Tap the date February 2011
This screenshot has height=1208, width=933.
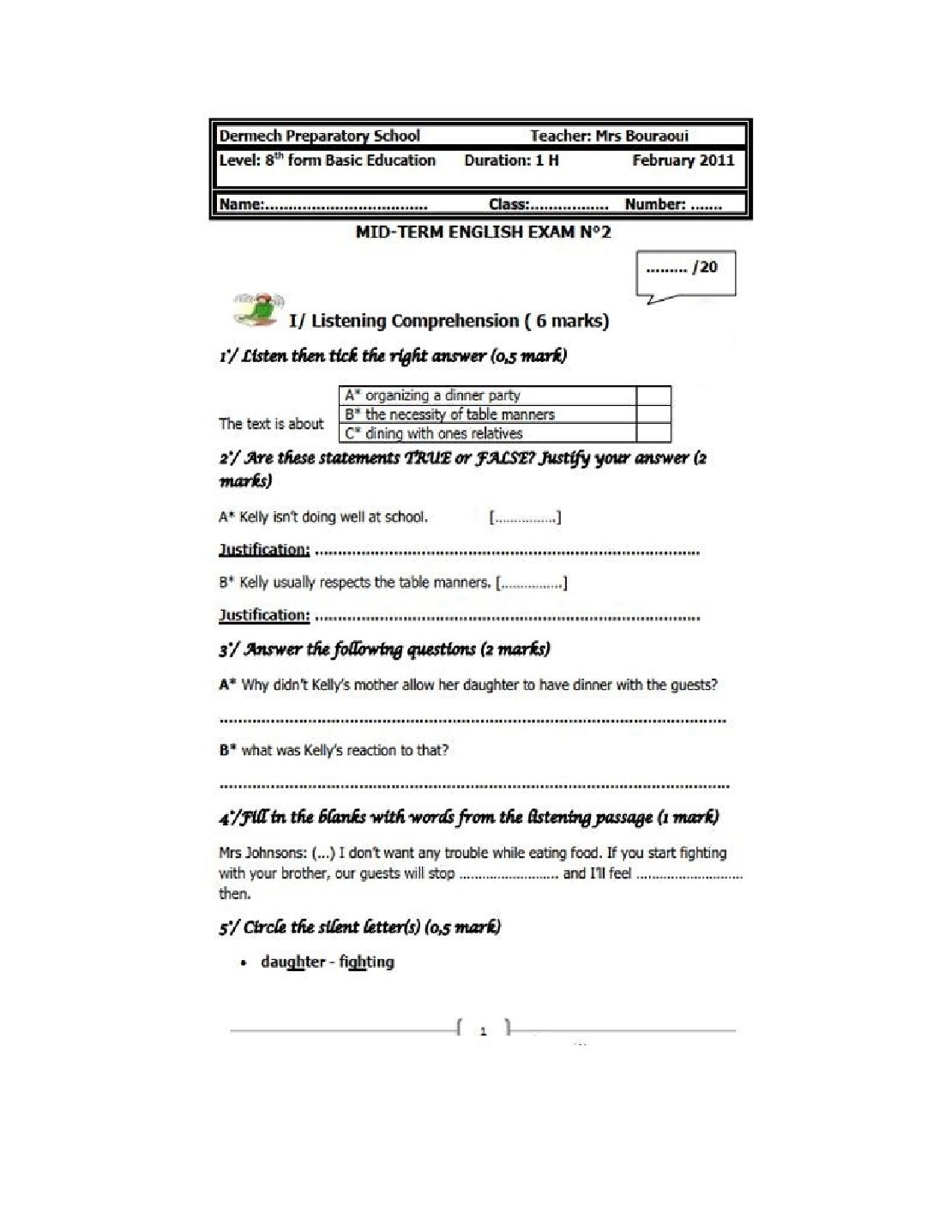pos(683,160)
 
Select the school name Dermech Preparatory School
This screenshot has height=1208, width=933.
pos(319,136)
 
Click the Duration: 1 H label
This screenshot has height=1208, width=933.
pos(511,160)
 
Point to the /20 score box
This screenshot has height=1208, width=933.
pos(685,272)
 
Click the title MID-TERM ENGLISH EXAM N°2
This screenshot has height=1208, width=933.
pos(483,232)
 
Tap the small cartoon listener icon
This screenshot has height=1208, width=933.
pos(256,310)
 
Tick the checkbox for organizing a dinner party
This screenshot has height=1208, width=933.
pos(653,396)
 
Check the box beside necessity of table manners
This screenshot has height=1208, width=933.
pos(653,414)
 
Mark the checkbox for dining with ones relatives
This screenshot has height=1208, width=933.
pos(653,433)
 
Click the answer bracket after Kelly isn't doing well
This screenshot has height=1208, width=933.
pos(525,517)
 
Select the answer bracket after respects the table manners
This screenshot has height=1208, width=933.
pos(532,583)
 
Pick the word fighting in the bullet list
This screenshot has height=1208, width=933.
pos(366,962)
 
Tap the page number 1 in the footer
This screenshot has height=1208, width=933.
pos(484,1031)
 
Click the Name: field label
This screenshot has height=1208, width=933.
pos(241,204)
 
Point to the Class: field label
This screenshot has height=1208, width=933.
pos(509,204)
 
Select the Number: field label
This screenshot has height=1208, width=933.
pos(655,204)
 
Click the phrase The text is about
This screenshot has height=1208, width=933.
pos(271,424)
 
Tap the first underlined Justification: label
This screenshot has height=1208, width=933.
pos(264,550)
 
